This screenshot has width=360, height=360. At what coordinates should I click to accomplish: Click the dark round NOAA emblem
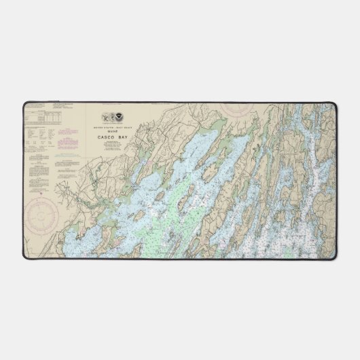click(120, 118)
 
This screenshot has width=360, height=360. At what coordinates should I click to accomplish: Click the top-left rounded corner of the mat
click(26, 105)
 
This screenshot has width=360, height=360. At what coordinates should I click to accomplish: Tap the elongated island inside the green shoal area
click(178, 204)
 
